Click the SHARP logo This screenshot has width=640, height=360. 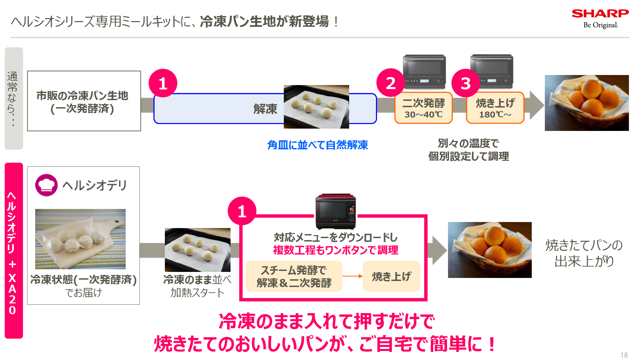600,14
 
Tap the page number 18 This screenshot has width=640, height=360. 624,355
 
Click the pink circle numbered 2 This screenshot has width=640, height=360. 391,83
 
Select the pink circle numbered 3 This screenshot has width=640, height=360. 466,83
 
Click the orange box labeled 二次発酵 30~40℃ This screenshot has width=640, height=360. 424,108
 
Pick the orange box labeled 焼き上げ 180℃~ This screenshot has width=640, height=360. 495,108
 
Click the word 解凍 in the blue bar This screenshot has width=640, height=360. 265,109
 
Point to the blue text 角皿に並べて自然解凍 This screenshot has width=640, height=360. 318,145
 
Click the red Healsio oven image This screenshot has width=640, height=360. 336,211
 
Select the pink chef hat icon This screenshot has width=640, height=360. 46,185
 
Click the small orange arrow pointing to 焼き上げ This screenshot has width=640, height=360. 353,276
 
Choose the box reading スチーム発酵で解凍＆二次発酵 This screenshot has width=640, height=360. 294,276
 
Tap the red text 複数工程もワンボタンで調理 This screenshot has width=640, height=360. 336,250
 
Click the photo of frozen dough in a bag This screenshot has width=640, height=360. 80,239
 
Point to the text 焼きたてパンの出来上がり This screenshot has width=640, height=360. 584,253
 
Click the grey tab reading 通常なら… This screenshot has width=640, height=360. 14,98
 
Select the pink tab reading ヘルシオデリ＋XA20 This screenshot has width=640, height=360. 14,250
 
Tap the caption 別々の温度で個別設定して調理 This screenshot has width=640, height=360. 468,150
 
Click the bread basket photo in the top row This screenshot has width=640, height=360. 587,103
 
